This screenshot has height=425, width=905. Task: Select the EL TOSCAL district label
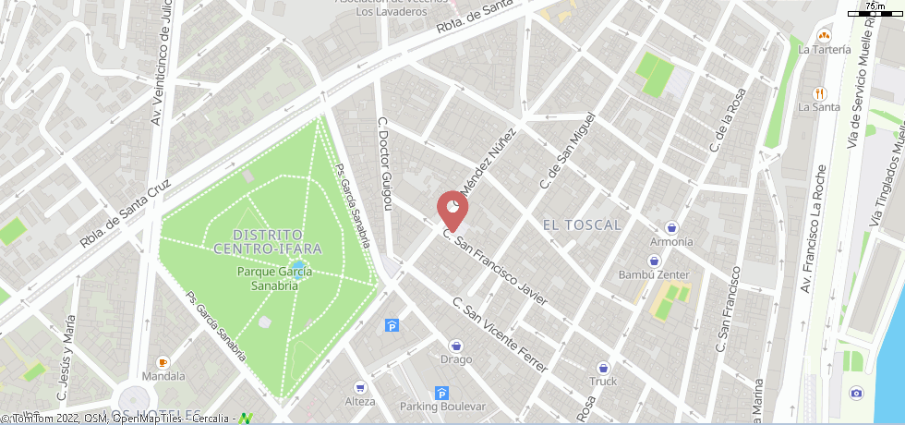(x=582, y=225)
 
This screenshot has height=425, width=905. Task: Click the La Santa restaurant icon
(x=818, y=92)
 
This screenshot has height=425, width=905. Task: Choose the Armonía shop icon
(x=671, y=226)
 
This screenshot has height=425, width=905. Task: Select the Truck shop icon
(x=603, y=367)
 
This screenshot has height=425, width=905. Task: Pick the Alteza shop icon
(x=359, y=387)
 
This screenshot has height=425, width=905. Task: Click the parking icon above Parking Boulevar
(x=441, y=393)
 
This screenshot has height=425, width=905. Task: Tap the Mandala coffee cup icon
(x=163, y=362)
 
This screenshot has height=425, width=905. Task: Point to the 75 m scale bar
(x=874, y=12)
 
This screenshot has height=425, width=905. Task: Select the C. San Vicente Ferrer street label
(x=500, y=334)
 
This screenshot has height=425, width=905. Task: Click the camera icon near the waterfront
(x=856, y=394)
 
